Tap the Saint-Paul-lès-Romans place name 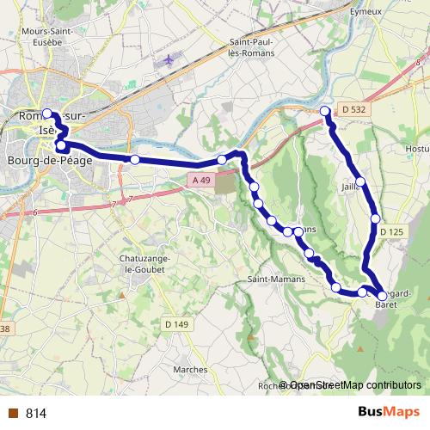coord(252,47)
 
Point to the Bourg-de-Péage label coord(49,160)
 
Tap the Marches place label coord(189,370)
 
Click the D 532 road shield coord(353,109)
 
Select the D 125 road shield coord(391,232)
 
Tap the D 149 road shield coord(176,324)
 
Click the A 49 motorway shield coord(200,179)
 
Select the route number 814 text coord(36,413)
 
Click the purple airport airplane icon coord(169,60)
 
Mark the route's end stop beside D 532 coord(325,111)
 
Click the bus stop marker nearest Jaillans coord(362,181)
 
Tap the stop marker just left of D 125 coord(375,218)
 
